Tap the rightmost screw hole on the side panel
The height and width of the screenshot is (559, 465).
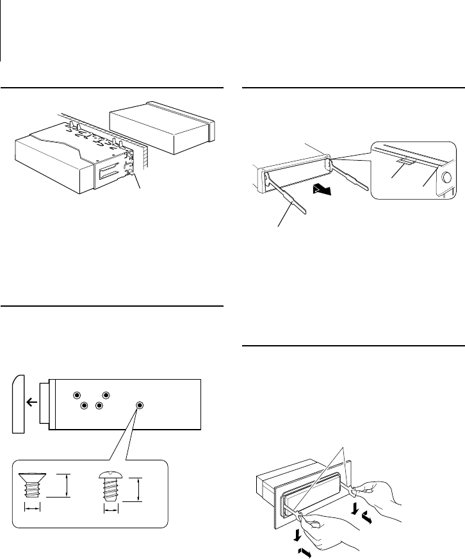[x=140, y=405]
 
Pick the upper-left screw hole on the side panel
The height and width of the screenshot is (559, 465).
[x=77, y=395]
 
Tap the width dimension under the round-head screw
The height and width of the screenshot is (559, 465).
[x=111, y=510]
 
